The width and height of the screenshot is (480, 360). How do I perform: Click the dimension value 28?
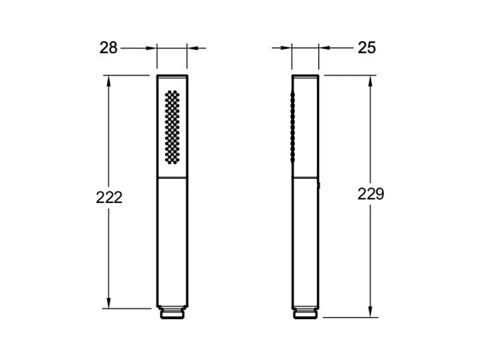108,48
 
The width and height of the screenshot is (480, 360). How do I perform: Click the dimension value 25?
367,48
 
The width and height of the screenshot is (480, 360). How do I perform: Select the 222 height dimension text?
109,197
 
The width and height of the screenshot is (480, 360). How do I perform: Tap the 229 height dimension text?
371,194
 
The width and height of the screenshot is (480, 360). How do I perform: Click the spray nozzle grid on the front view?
172,127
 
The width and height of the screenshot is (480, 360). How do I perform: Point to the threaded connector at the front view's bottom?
172,313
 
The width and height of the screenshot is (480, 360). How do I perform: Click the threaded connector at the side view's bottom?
305,314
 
